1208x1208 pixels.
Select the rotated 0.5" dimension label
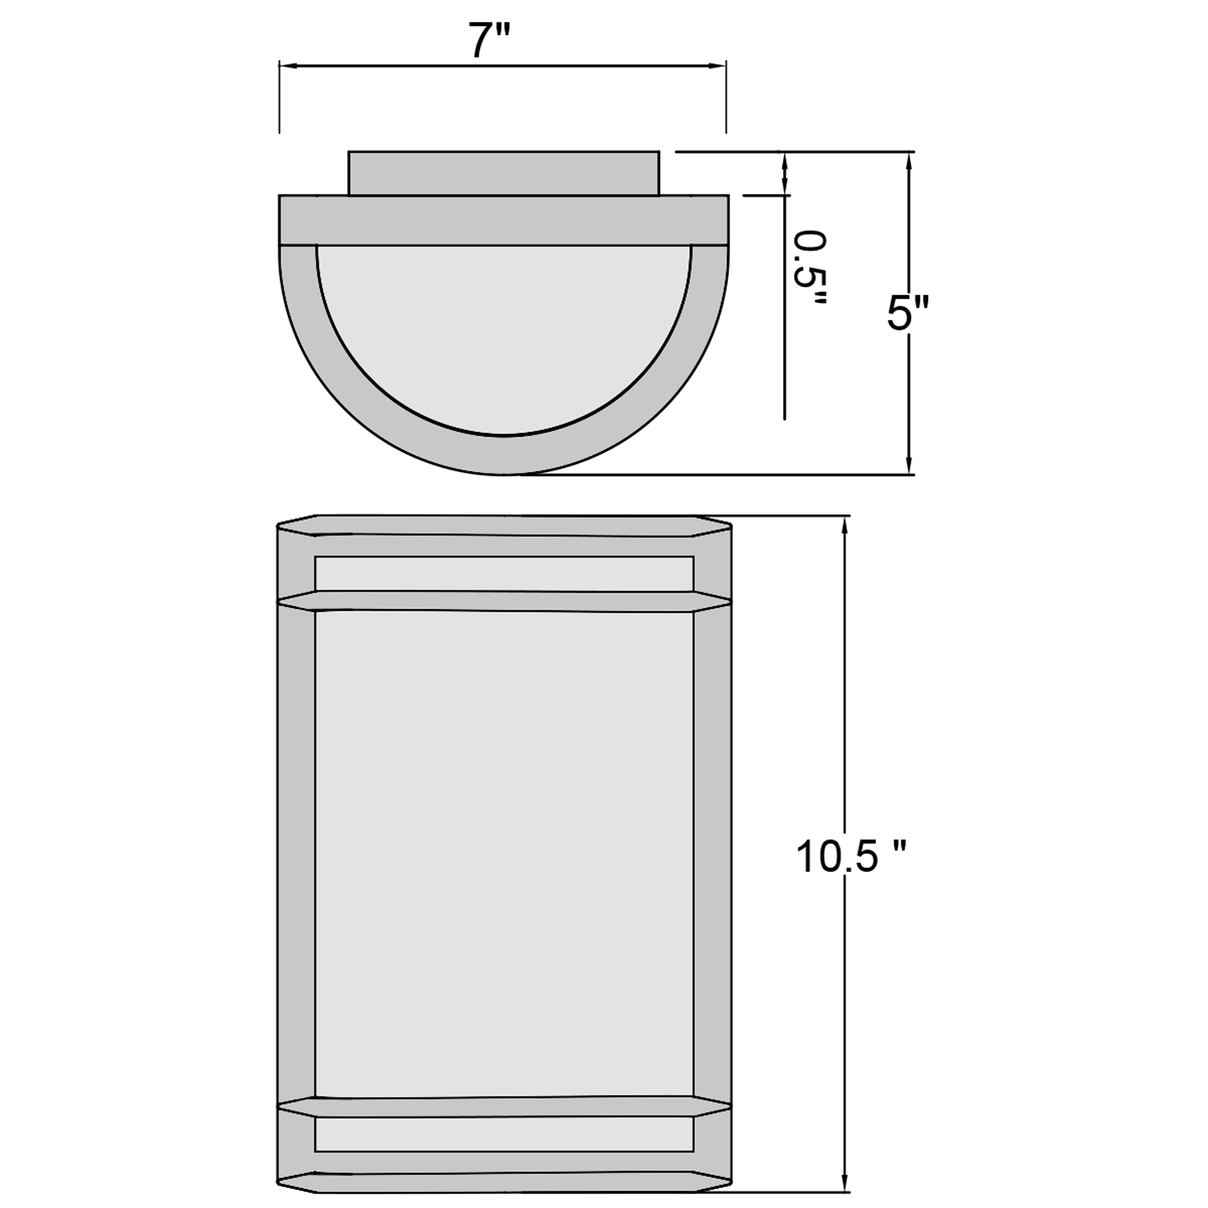pyautogui.click(x=810, y=269)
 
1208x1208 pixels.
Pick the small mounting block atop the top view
pyautogui.click(x=503, y=172)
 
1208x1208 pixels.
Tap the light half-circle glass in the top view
pyautogui.click(x=503, y=332)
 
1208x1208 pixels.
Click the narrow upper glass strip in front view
pyautogui.click(x=504, y=573)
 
